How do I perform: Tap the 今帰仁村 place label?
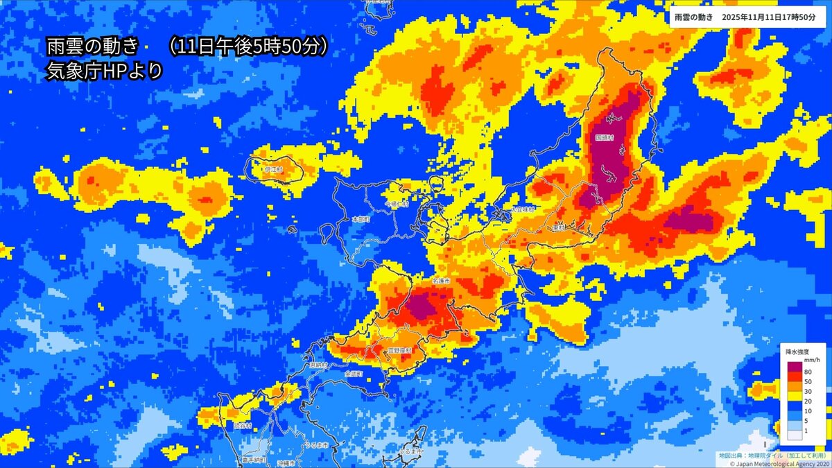coord(398,205)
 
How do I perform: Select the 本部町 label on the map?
coord(361,218)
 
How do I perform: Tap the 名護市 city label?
coord(441,281)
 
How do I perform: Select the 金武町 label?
coord(354,374)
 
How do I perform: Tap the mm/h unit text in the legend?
coord(812,361)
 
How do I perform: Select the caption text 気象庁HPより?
coord(104,70)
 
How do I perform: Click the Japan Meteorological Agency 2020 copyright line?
coord(774,462)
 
